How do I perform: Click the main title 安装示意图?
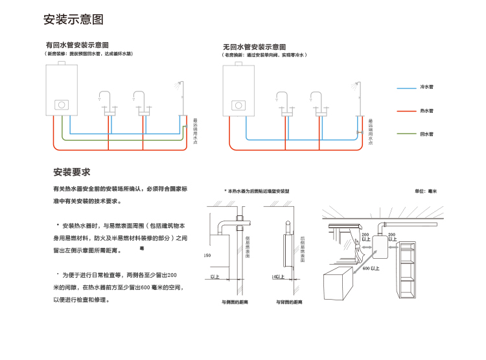(x=73, y=19)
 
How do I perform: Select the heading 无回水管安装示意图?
(x=254, y=47)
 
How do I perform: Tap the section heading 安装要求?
(x=71, y=173)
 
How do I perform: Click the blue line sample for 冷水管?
(x=406, y=87)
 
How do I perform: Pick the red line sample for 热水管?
(x=406, y=111)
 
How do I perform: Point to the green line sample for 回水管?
(x=406, y=134)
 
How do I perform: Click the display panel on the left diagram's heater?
(x=62, y=104)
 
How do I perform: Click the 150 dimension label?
(x=207, y=256)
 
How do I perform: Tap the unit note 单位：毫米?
(x=426, y=192)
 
